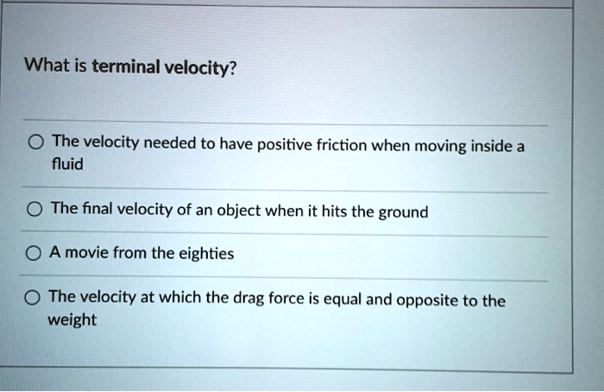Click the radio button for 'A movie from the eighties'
(x=32, y=256)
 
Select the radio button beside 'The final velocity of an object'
(x=32, y=210)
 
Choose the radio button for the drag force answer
(x=32, y=299)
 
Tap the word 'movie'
(x=83, y=255)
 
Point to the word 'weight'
(x=73, y=319)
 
